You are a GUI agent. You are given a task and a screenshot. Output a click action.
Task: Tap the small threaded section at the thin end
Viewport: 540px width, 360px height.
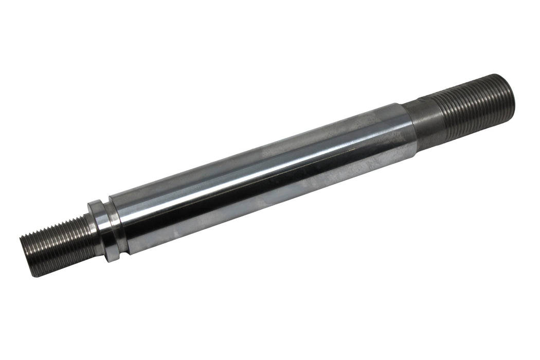(57, 244)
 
